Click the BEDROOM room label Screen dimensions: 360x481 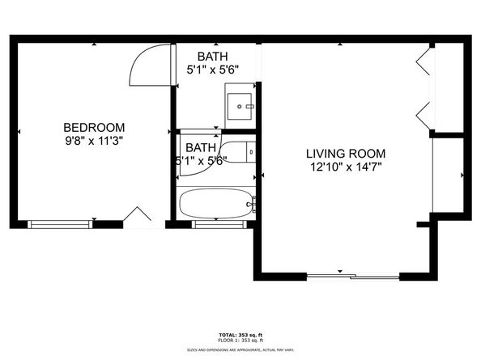click(x=95, y=127)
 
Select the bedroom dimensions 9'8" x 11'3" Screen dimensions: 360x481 click(x=95, y=140)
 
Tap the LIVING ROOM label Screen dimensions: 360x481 click(x=345, y=153)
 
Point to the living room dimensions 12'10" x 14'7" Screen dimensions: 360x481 click(x=345, y=167)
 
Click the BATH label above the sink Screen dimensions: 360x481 click(x=213, y=56)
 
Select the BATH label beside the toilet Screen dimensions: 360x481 click(x=199, y=147)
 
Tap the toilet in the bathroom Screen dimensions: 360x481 click(x=238, y=151)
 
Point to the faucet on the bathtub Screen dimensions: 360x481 click(x=252, y=205)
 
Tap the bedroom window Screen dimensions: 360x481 click(x=62, y=224)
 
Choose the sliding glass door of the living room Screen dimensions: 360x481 click(x=353, y=277)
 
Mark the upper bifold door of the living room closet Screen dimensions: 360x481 click(x=422, y=63)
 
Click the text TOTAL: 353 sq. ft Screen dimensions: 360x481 click(x=240, y=334)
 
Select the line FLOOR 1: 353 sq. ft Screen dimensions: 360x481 click(x=240, y=341)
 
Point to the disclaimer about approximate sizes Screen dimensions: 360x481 click(x=240, y=349)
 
